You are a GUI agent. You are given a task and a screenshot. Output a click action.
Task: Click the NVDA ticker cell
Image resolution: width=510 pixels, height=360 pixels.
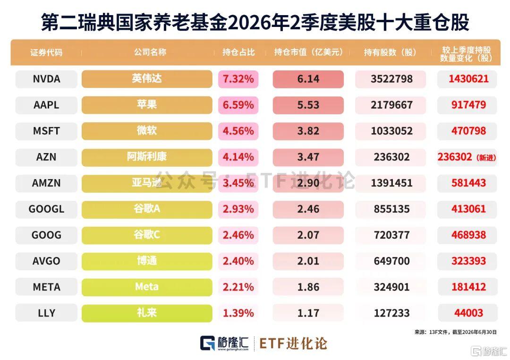46,79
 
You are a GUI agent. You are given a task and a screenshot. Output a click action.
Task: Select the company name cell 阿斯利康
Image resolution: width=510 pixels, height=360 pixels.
147,157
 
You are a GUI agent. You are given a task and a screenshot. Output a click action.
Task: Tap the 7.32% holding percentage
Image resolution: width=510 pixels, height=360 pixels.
238,79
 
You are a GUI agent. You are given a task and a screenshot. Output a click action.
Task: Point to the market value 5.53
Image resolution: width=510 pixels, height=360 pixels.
308,105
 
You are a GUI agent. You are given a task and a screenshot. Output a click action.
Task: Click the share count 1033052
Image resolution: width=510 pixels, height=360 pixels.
391,131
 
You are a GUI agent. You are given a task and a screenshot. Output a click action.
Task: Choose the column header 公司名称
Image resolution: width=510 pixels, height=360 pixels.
150,52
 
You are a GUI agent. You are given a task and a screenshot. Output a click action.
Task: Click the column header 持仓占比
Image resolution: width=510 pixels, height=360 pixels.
238,52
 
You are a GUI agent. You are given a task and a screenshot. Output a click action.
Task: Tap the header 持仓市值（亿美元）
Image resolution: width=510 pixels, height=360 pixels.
308,52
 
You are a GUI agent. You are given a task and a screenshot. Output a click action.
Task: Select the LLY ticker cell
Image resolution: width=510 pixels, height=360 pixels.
46,313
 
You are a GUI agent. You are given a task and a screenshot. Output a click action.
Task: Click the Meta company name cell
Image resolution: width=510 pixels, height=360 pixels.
147,287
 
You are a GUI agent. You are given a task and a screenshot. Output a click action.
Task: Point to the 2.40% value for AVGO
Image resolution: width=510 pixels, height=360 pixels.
238,261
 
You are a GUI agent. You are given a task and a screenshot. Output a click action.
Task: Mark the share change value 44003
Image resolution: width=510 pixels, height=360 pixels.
468,313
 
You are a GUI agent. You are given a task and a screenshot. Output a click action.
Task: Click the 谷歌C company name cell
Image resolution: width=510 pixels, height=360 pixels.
147,235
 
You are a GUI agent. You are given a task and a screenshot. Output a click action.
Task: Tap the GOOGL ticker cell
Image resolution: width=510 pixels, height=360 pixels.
46,209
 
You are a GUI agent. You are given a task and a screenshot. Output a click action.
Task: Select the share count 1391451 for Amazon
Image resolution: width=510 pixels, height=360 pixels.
391,183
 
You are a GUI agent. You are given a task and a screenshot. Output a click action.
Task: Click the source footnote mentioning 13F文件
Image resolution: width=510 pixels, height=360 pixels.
455,332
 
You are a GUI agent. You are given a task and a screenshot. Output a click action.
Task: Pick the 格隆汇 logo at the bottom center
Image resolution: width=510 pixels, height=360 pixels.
224,343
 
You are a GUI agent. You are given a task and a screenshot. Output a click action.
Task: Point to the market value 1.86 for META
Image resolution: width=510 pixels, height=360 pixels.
308,287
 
